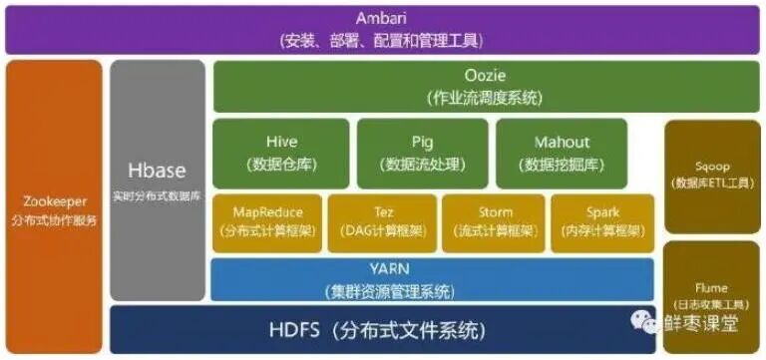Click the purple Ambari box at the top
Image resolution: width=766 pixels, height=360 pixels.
coord(382,28)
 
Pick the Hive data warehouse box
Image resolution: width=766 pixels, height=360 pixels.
coord(281,153)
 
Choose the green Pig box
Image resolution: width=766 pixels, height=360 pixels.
coord(423,153)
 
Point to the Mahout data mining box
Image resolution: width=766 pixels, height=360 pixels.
coord(563,153)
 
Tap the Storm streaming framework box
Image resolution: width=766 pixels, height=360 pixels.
coord(494,222)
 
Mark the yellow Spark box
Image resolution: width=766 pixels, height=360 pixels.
coord(602,222)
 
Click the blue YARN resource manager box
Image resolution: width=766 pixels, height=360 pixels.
coord(432,279)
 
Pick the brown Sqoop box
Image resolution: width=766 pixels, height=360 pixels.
coord(711,177)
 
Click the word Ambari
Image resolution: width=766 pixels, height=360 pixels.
coord(382,19)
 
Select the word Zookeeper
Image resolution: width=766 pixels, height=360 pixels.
coord(54,197)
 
